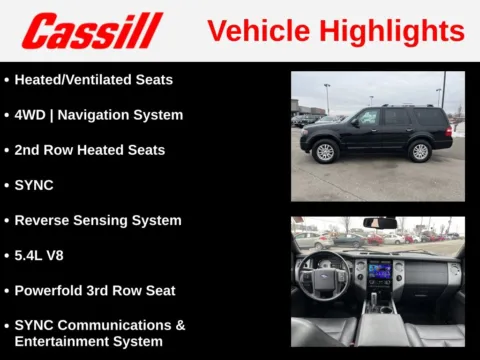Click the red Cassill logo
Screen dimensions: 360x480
tap(91, 31)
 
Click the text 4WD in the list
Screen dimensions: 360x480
tap(30, 115)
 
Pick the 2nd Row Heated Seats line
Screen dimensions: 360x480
tap(89, 150)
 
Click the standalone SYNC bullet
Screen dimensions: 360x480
tap(34, 185)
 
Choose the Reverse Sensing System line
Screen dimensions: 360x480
tap(98, 220)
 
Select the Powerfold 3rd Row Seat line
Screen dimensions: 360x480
tap(95, 290)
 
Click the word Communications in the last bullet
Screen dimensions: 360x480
tap(122, 325)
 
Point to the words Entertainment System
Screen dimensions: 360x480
tap(88, 341)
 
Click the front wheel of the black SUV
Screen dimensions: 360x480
tap(326, 152)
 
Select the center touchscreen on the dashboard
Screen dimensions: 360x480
tap(380, 271)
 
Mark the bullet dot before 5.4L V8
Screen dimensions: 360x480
tap(7, 255)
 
